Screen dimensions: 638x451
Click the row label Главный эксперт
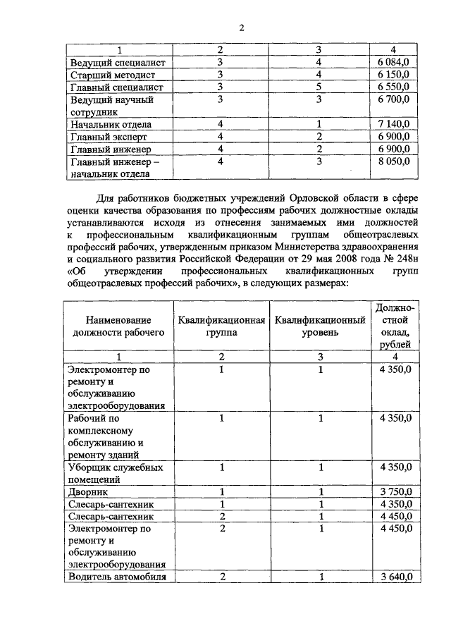click(x=111, y=137)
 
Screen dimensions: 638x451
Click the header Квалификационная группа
click(x=221, y=326)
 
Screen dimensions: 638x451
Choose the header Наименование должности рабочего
click(x=118, y=326)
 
